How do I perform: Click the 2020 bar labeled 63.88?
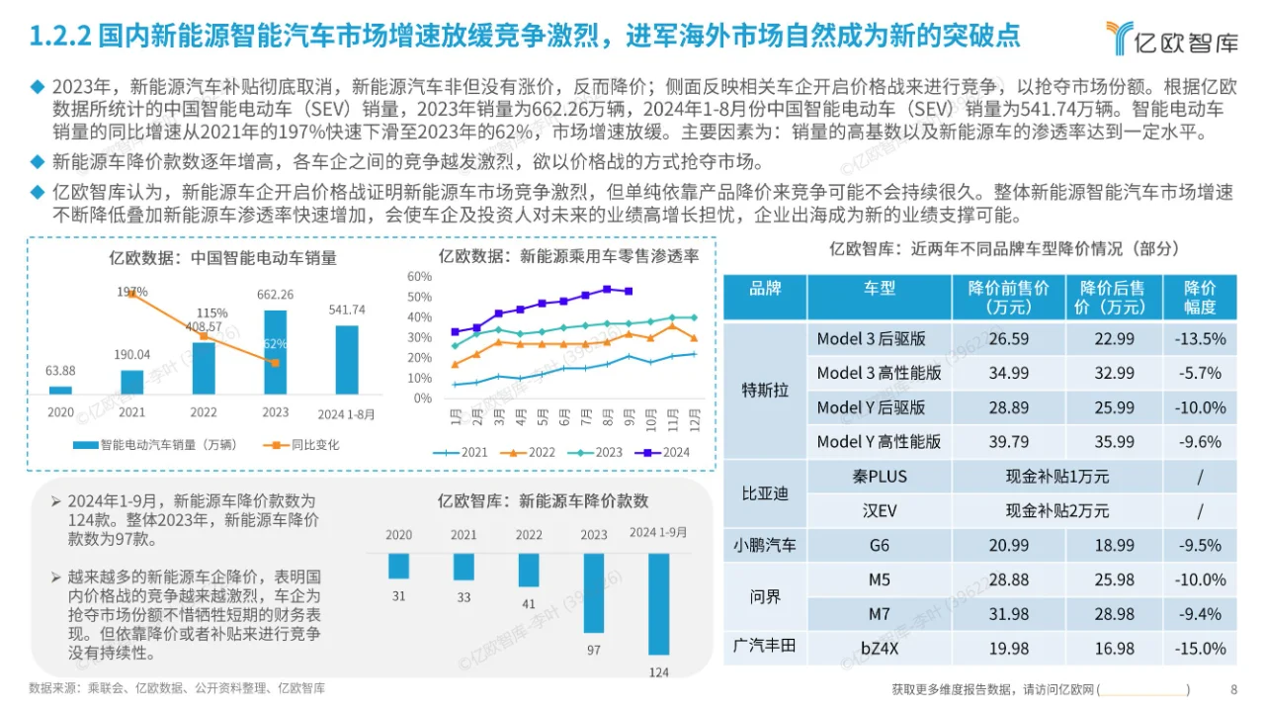pyautogui.click(x=60, y=390)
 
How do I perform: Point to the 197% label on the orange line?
pyautogui.click(x=131, y=292)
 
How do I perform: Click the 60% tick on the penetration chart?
pyautogui.click(x=419, y=276)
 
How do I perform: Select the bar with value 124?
pyautogui.click(x=659, y=603)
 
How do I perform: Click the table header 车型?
pyautogui.click(x=879, y=288)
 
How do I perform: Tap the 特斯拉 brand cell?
pyautogui.click(x=765, y=390)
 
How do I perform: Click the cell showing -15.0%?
pyautogui.click(x=1199, y=649)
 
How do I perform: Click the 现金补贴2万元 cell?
pyautogui.click(x=1056, y=510)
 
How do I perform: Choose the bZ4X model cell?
pyautogui.click(x=879, y=649)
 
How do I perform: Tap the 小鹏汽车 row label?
pyautogui.click(x=765, y=545)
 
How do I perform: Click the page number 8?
pyautogui.click(x=1233, y=689)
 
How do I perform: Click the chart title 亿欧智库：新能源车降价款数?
pyautogui.click(x=543, y=501)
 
